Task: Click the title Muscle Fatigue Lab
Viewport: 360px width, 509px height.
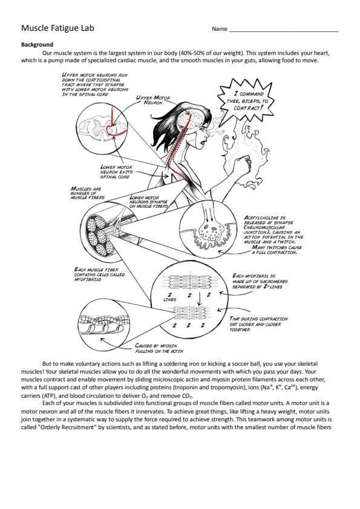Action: tap(57, 28)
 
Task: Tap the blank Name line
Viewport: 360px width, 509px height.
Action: tap(284, 31)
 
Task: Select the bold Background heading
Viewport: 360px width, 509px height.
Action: tap(37, 45)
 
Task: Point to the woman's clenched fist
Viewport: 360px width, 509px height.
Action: tap(243, 165)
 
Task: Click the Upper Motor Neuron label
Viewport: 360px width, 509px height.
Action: tap(152, 100)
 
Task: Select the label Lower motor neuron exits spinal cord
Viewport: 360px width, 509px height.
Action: tap(116, 172)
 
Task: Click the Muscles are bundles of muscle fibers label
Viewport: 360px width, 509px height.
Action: tap(87, 193)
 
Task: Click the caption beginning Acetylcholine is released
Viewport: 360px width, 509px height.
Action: tap(273, 235)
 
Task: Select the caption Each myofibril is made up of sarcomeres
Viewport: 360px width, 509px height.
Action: tap(260, 281)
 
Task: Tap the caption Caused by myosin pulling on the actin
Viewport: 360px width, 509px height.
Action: tap(159, 348)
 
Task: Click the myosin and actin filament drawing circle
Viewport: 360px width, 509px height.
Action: tap(102, 325)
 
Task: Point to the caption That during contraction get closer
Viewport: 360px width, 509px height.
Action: tap(258, 324)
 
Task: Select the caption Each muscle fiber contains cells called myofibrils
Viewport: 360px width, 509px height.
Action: tap(99, 274)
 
